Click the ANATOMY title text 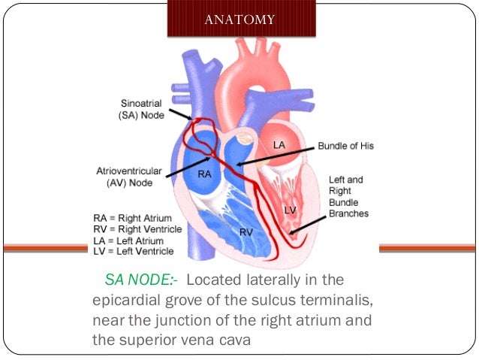click(239, 20)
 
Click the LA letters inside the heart click(279, 144)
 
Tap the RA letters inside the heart click(204, 174)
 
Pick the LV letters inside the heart click(291, 210)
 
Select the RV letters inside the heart click(246, 232)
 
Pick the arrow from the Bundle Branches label click(308, 222)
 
